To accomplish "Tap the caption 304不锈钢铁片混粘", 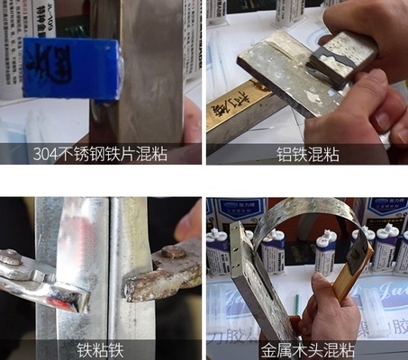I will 101,154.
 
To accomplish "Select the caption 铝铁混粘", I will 307,154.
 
